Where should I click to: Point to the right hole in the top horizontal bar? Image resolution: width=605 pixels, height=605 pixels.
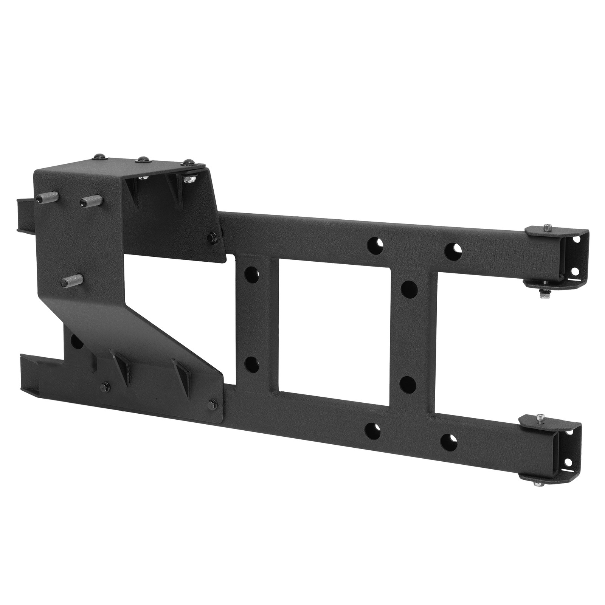(452, 248)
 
